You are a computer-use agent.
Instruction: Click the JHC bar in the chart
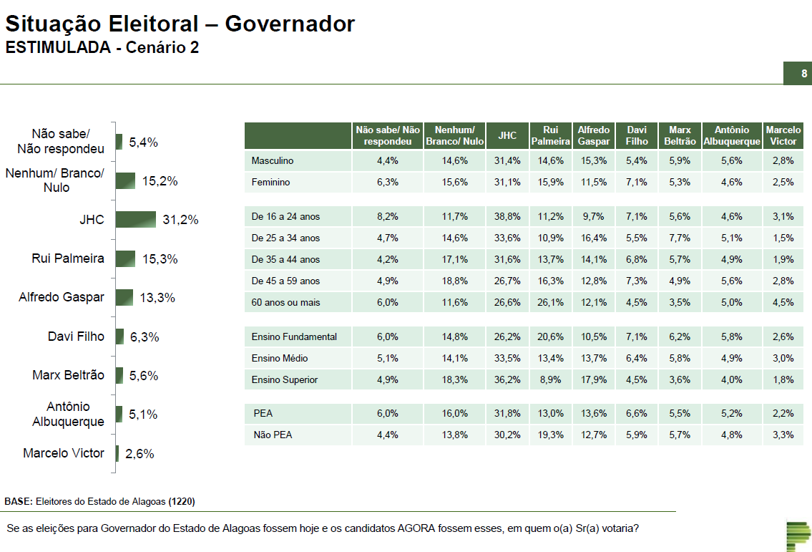136,220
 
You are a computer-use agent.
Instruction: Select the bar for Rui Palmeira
126,258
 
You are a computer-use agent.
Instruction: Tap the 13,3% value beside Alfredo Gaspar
157,298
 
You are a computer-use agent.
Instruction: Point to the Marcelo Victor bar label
64,453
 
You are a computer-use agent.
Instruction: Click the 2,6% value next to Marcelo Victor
140,454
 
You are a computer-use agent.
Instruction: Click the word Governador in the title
290,24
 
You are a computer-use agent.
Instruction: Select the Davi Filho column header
637,135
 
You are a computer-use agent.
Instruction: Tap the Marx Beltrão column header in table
680,135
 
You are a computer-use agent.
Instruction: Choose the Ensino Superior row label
285,379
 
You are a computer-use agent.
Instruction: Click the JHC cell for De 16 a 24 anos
507,217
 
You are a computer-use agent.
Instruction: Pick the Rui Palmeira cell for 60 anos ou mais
551,302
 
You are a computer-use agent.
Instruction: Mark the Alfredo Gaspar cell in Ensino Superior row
594,379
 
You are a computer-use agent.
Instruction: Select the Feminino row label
270,183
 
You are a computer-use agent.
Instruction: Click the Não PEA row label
273,435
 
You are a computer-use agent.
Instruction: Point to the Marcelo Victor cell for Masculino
783,161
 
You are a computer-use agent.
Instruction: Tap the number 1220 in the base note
182,501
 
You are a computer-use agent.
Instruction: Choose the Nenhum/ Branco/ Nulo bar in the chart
125,181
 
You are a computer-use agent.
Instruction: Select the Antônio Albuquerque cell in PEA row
731,413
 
